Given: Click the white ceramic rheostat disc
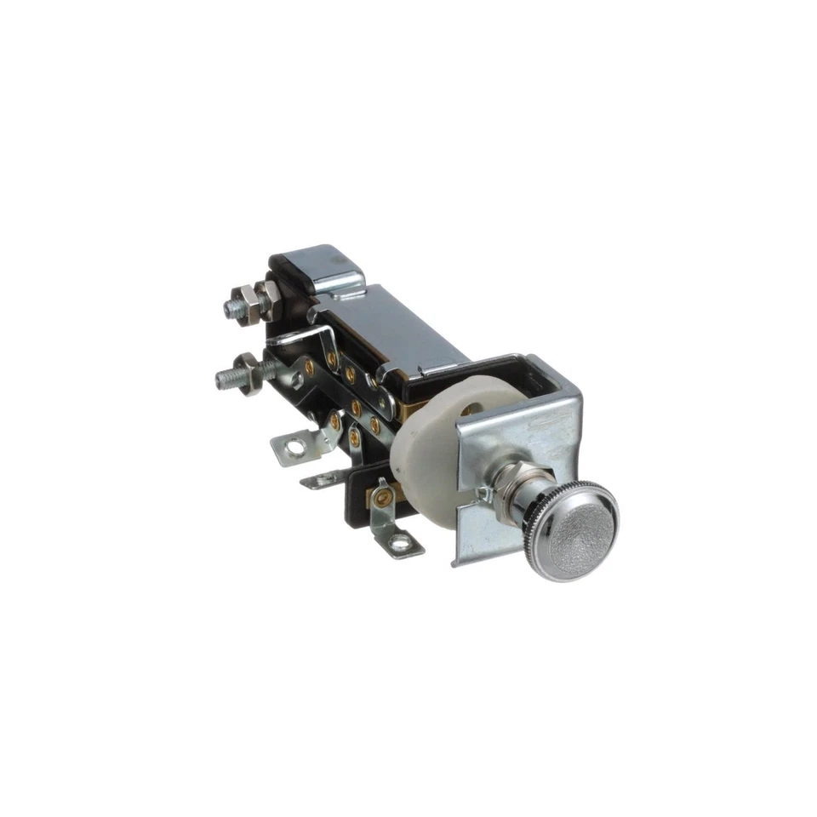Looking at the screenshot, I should coord(426,443).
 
